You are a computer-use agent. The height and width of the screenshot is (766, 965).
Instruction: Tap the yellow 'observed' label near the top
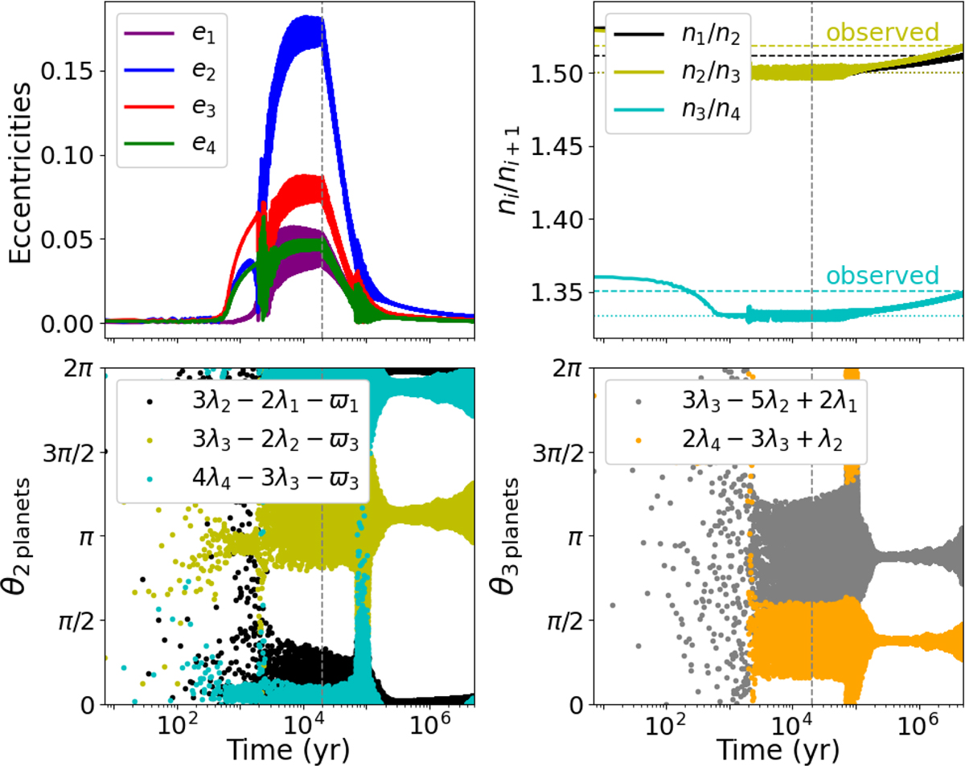tap(883, 33)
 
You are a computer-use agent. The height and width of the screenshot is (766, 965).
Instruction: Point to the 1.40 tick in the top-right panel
tap(561, 219)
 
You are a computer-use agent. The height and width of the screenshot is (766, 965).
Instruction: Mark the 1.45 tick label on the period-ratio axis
tap(561, 146)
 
